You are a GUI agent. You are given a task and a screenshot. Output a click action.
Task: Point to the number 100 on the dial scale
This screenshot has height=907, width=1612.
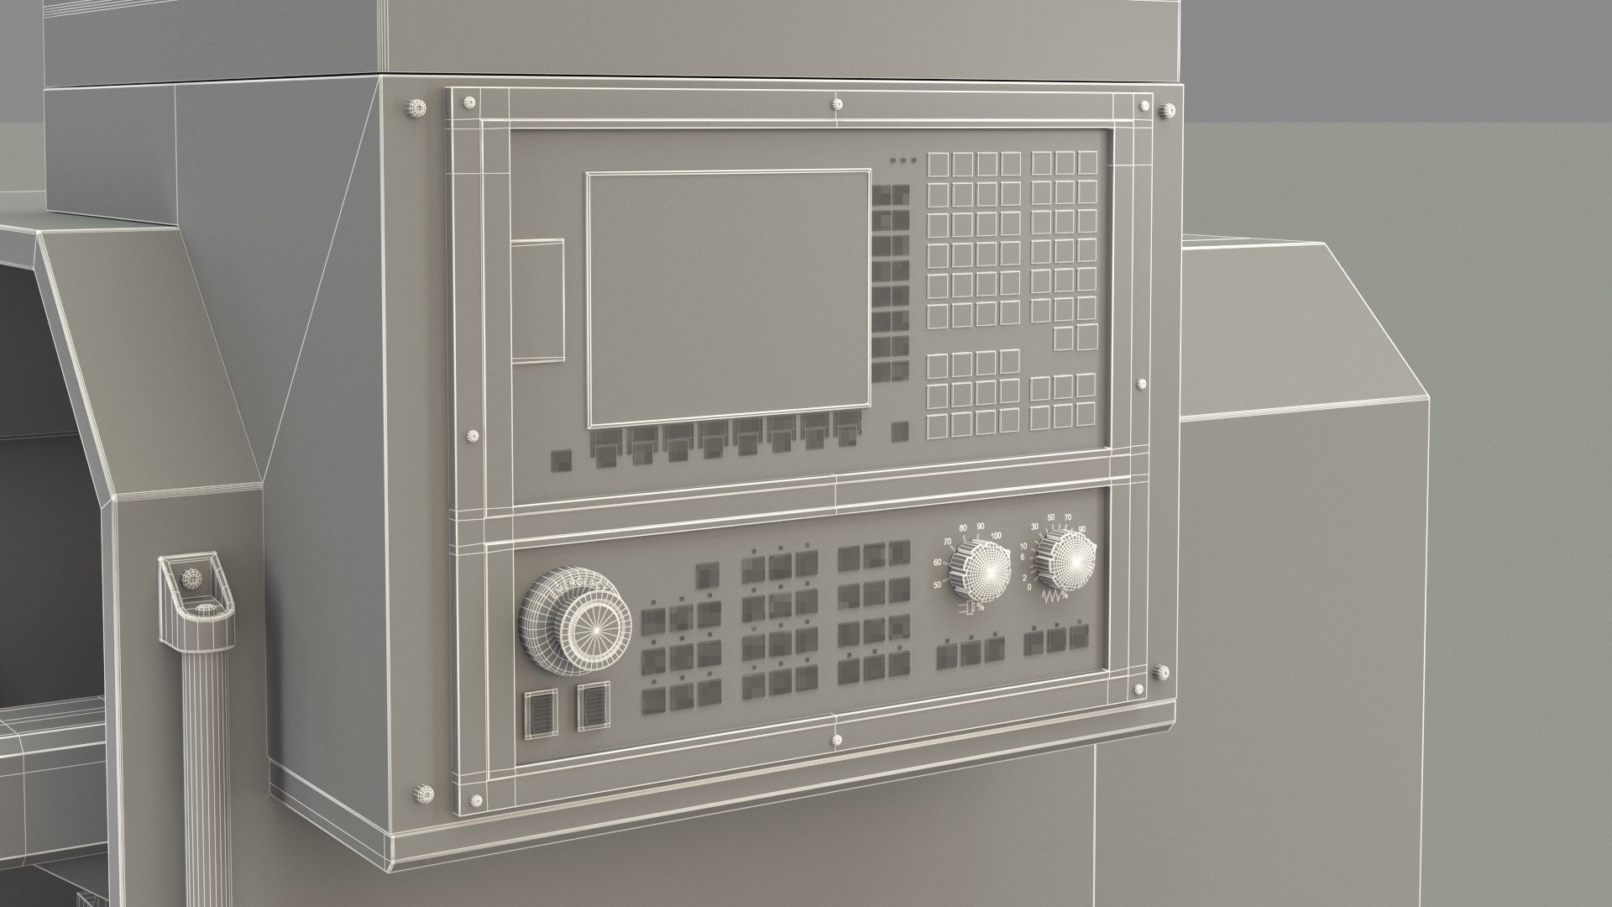996,536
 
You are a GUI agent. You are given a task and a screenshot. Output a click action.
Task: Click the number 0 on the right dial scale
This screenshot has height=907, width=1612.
1028,587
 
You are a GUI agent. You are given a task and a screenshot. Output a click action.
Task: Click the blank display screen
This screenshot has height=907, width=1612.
728,299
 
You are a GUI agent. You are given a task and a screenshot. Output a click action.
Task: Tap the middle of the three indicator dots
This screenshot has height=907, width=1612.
903,160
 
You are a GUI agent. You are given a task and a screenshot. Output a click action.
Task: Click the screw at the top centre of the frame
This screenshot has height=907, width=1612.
836,105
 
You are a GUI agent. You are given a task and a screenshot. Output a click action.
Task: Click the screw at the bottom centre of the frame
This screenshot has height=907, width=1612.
836,740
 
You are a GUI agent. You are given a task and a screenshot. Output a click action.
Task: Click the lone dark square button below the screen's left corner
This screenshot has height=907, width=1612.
560,459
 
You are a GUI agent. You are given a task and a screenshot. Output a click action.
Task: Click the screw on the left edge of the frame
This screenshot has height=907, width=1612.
471,435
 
